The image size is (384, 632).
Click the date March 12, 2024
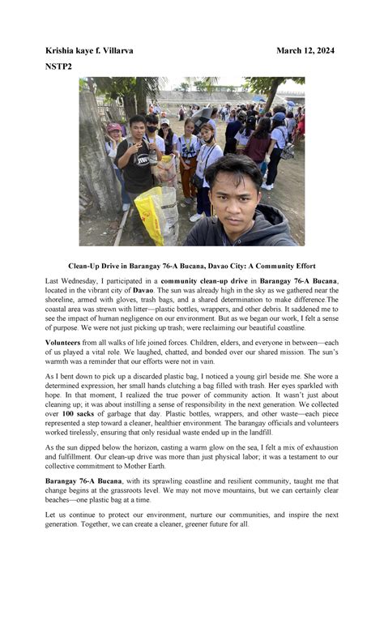(x=305, y=50)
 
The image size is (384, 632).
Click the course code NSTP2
(x=58, y=66)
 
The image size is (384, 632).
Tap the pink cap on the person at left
(x=114, y=128)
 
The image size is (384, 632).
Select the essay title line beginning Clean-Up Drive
(x=192, y=266)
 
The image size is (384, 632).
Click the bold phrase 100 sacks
(x=79, y=414)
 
